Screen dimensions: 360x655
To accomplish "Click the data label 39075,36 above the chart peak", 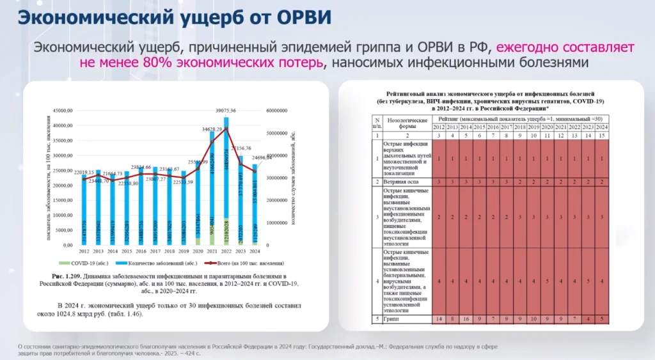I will tap(230, 111).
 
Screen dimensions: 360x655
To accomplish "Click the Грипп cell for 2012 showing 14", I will tap(438, 319).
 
